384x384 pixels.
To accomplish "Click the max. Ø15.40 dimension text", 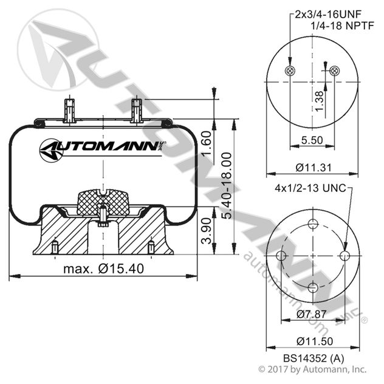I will [x=103, y=269].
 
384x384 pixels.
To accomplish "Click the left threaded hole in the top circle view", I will [x=290, y=72].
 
